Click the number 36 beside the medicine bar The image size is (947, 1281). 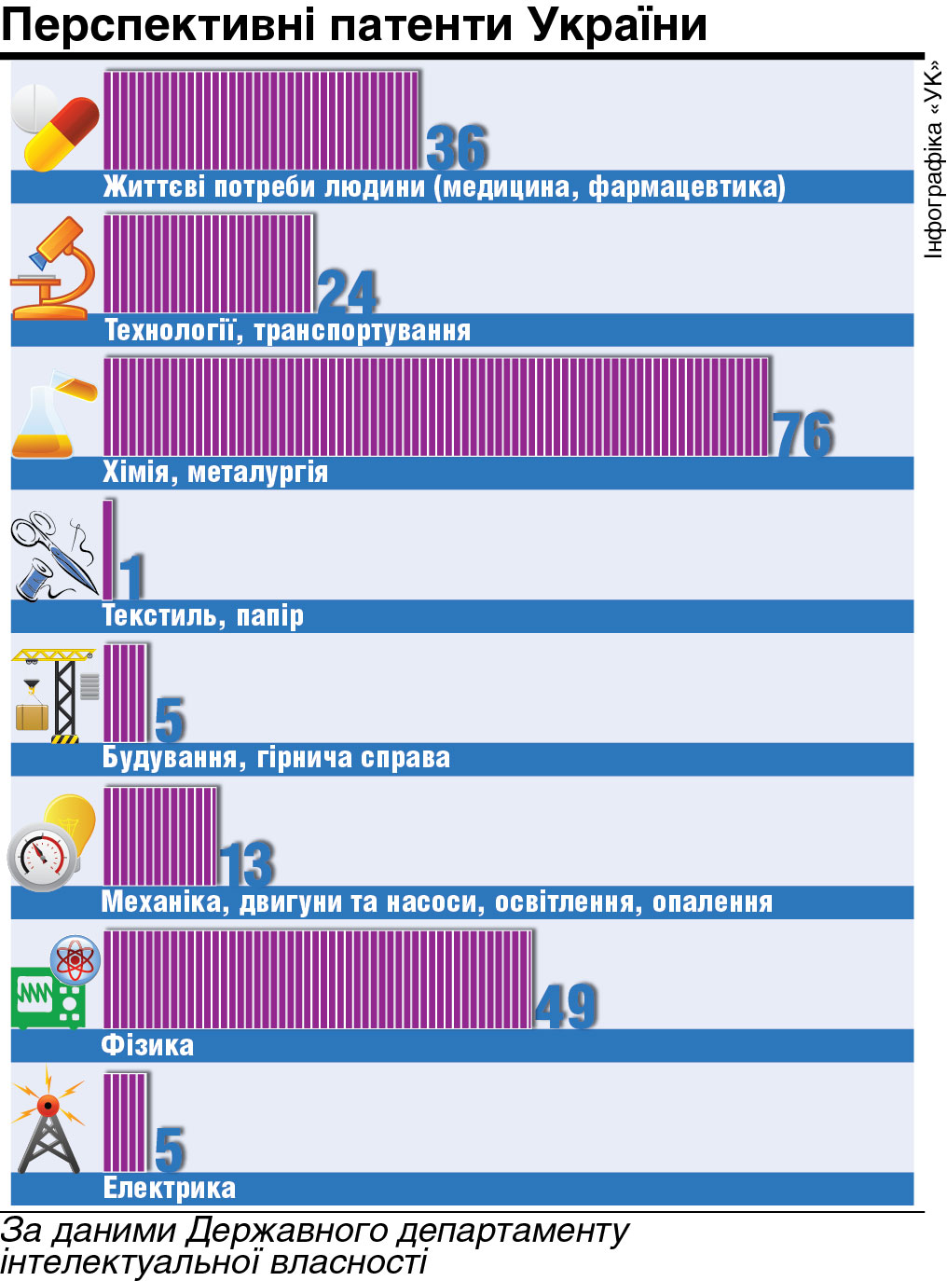click(x=457, y=147)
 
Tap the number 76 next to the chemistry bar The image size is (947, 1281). click(x=803, y=434)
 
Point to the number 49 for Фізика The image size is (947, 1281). click(x=566, y=1007)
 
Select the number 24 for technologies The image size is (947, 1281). click(x=348, y=292)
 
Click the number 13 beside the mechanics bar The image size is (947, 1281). click(x=247, y=864)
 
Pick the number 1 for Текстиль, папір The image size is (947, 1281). click(x=131, y=577)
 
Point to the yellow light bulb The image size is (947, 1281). click(x=71, y=820)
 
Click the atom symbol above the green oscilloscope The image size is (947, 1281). click(x=75, y=959)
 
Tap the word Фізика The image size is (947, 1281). click(x=147, y=1045)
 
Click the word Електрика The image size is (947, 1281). click(x=169, y=1189)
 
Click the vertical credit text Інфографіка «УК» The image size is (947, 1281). click(x=933, y=159)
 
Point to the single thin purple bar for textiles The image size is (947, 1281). click(x=108, y=549)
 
